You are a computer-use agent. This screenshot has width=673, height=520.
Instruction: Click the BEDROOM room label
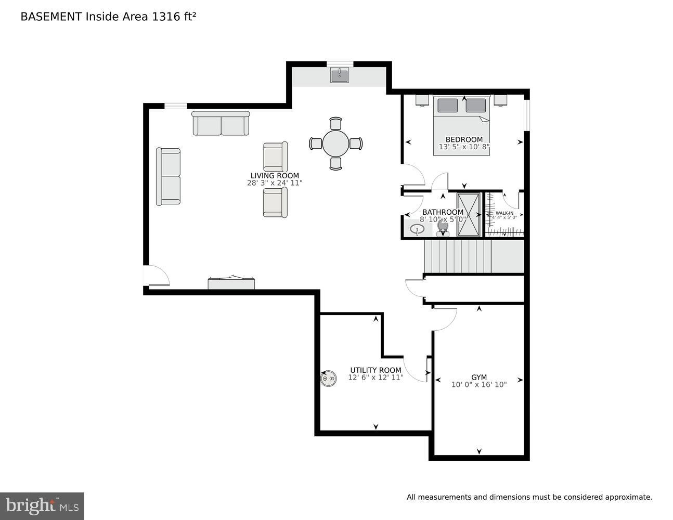(464, 139)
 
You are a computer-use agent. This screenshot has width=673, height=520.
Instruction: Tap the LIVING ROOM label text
(275, 176)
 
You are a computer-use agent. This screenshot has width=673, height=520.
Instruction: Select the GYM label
(479, 377)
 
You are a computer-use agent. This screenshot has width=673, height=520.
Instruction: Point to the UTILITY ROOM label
(376, 370)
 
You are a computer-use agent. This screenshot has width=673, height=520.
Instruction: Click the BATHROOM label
(443, 212)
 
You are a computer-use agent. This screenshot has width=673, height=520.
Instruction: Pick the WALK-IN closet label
(504, 213)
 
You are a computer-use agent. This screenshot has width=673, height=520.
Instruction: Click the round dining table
(336, 144)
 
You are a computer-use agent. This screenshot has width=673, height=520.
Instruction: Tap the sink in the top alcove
(340, 75)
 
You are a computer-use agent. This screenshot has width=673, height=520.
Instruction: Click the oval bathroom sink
(417, 229)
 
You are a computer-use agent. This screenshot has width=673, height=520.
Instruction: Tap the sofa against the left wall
(169, 176)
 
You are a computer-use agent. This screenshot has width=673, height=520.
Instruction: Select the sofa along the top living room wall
(221, 124)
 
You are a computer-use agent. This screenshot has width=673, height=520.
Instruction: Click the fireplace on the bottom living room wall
(231, 283)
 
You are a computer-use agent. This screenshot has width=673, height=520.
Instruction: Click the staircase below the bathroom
(458, 256)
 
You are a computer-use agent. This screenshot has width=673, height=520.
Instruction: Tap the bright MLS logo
(42, 505)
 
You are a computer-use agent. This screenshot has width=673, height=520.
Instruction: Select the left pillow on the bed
(447, 106)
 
